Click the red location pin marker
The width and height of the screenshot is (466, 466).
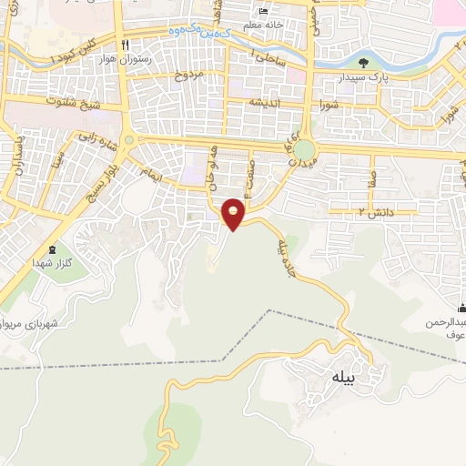coord(234,214)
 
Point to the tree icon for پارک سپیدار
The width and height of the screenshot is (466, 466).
coord(364,63)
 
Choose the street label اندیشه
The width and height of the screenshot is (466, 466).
coord(270,102)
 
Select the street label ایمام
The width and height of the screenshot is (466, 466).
coord(149,170)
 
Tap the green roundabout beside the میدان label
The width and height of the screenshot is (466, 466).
coord(306,149)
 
